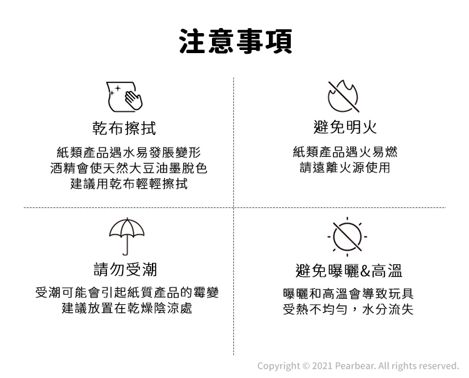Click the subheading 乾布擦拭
124,128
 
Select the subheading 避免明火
345,128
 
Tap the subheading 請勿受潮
125,269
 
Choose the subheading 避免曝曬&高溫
348,270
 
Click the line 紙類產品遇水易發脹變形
128,152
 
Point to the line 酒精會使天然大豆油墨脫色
128,168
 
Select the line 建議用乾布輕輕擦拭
128,184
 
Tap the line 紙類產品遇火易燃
345,152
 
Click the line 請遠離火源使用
345,168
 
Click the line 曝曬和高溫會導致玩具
348,294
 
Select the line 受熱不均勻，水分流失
348,309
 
